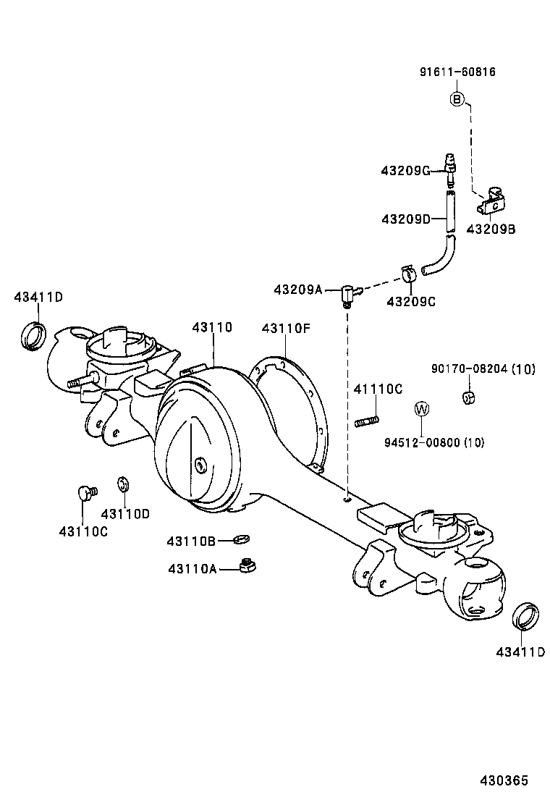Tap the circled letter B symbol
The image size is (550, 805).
coord(457,98)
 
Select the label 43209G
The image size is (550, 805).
coord(405,171)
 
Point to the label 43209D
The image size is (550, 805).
coord(405,219)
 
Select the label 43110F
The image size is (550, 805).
coord(286,329)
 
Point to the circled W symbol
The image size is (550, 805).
coord(422,409)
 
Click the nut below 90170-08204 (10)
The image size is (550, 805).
coord(467,396)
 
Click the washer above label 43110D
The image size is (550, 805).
coord(122,482)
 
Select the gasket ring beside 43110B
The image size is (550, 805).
coord(241,539)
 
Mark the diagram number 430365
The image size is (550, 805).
coord(504,780)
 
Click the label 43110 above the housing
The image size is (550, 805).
coord(212,327)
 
